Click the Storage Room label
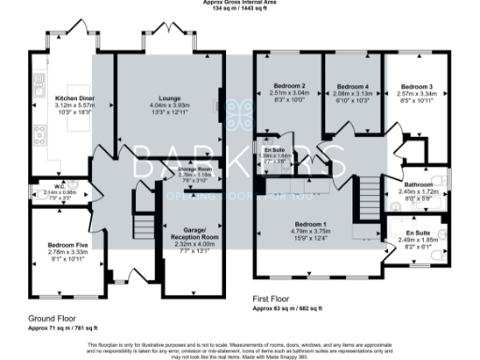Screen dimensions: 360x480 coord(193,170)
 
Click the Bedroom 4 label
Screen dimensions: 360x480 coord(352,86)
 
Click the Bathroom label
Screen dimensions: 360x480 coord(416,186)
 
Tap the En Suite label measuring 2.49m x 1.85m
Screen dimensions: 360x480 coord(418,232)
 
